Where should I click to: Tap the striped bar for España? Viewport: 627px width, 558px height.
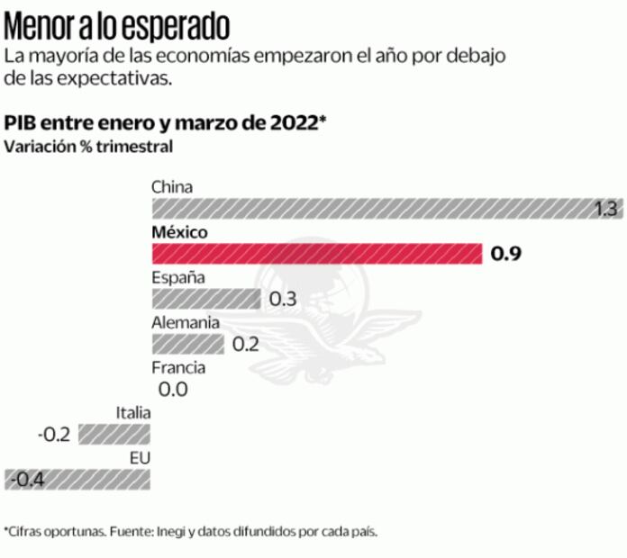coord(205,299)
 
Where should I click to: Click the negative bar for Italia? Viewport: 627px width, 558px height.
coord(114,434)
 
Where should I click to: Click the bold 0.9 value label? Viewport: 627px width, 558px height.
coord(506,255)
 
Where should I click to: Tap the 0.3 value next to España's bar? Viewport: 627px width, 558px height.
coord(283,300)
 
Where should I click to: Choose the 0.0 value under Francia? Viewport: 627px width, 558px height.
coord(172,390)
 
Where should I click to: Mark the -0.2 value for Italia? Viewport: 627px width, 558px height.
coord(54,435)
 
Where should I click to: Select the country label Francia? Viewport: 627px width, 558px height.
coord(178,367)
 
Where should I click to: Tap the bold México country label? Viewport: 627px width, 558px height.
coord(180,232)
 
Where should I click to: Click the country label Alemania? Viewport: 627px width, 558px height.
coord(185,322)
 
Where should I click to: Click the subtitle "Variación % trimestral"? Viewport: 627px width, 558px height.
coord(87,146)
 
